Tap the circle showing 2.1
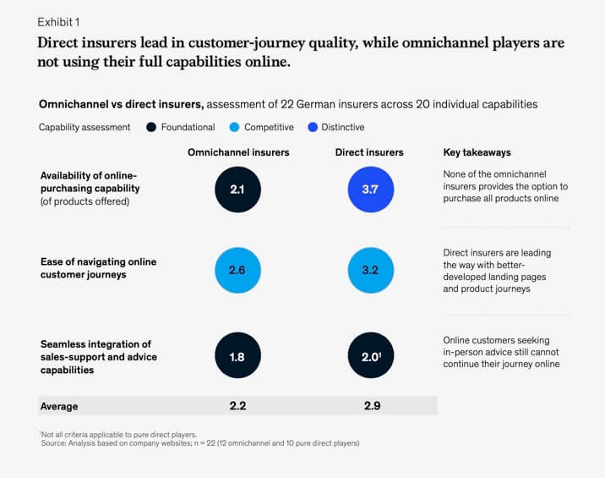(238, 189)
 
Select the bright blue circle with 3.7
(370, 189)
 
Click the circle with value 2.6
(238, 271)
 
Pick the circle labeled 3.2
(370, 271)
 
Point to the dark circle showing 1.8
(238, 357)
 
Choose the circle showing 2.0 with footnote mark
(370, 357)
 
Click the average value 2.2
(238, 406)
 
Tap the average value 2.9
(370, 406)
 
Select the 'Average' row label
(59, 406)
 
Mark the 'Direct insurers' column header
(370, 152)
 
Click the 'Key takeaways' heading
(477, 152)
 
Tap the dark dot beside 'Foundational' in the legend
(151, 128)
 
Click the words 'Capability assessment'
(84, 128)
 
